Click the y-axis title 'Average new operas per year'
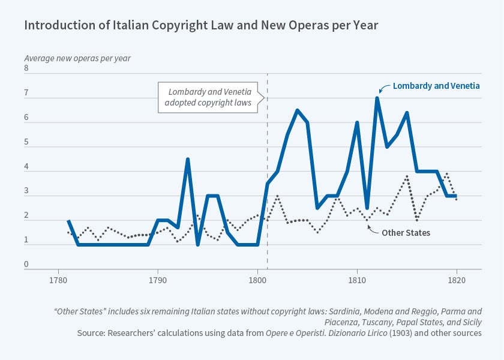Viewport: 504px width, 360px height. click(77, 59)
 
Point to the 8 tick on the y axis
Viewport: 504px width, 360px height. click(26, 68)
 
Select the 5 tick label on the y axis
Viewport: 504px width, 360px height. click(26, 142)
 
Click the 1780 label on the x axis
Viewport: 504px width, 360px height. click(58, 280)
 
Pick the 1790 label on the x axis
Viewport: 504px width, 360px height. click(158, 280)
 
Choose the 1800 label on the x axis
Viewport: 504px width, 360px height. click(257, 280)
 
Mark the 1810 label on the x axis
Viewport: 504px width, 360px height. click(357, 280)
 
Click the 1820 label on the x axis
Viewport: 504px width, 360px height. click(457, 280)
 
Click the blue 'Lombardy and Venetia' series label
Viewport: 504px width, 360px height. click(436, 86)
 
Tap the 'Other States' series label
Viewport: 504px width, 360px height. click(406, 233)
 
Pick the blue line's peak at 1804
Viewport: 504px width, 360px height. click(297, 110)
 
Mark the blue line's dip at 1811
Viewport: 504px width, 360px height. click(367, 208)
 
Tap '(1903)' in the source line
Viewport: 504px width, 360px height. click(348, 332)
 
